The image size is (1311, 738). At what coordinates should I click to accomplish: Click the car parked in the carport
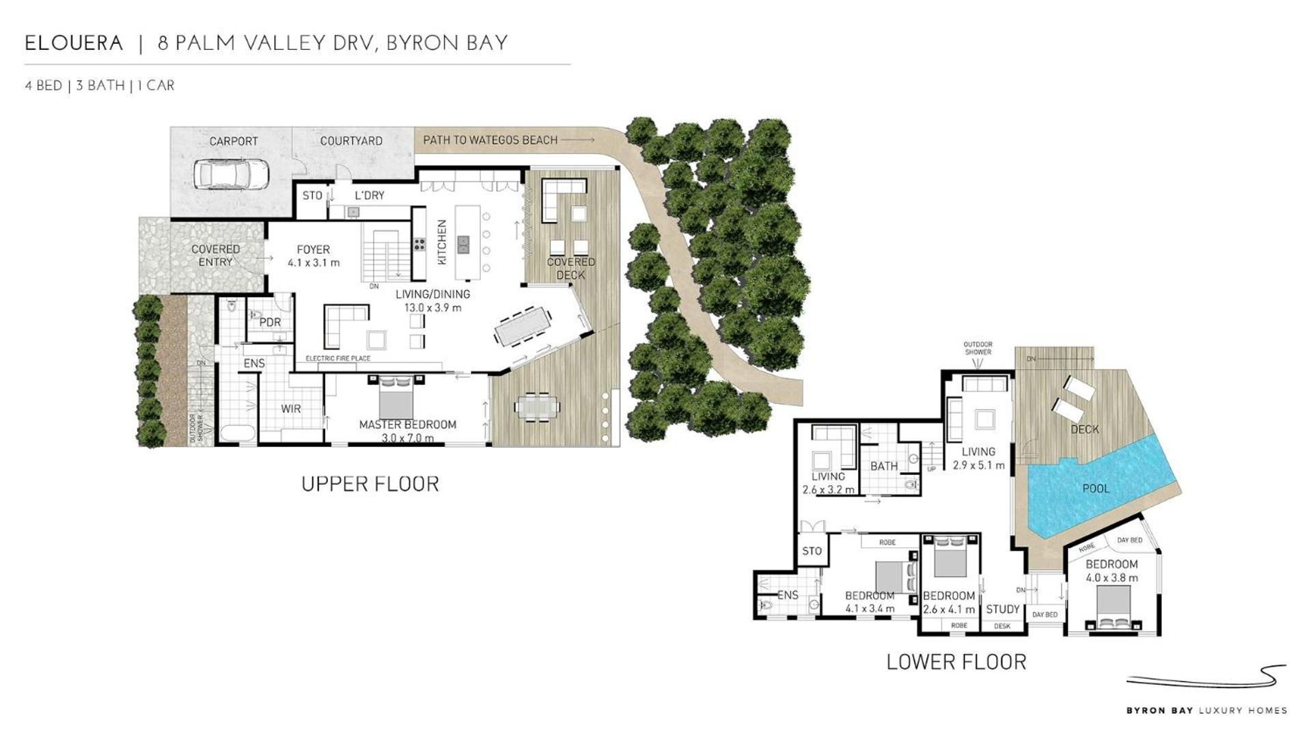[230, 174]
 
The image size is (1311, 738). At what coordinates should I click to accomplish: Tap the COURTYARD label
[351, 141]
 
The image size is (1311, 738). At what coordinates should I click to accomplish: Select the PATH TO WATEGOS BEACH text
[491, 140]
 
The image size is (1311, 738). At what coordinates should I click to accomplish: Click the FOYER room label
[314, 250]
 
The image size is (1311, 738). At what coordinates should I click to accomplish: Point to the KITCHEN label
[441, 243]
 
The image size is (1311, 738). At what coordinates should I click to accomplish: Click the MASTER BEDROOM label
[408, 424]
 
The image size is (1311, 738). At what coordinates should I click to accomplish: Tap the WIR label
[291, 409]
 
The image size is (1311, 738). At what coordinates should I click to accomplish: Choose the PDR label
[270, 322]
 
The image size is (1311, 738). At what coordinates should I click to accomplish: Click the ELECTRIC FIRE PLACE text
[337, 358]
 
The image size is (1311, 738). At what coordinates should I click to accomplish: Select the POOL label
[1096, 489]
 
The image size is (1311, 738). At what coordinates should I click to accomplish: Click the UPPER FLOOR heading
[370, 484]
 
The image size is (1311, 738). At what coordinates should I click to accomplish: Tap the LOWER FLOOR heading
[956, 661]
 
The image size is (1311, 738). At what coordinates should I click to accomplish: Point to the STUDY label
[1003, 609]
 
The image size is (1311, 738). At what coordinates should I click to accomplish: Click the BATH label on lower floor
[884, 466]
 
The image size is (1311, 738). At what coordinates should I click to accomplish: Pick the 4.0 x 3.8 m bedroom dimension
[1112, 577]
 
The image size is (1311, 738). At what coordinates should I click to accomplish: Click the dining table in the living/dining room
[523, 327]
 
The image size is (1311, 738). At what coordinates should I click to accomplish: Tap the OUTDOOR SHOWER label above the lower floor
[978, 348]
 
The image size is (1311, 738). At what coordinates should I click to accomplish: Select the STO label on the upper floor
[312, 195]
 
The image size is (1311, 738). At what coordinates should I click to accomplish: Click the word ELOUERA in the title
[74, 43]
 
